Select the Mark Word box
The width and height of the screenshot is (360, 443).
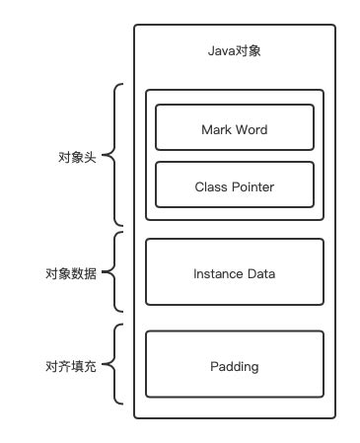[234, 129]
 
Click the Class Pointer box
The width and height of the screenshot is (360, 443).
[234, 185]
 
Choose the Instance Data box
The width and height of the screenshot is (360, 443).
[234, 272]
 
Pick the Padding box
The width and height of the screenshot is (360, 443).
[234, 366]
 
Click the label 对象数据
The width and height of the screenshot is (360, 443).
[71, 273]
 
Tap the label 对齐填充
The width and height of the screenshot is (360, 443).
[71, 367]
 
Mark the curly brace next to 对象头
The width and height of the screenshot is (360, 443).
[115, 156]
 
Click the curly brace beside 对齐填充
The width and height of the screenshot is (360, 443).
[115, 366]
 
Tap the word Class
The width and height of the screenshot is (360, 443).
[210, 185]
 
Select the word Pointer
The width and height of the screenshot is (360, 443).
[252, 185]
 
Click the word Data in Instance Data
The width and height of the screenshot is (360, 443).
[261, 272]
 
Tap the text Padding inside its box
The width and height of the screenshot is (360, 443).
[234, 366]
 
